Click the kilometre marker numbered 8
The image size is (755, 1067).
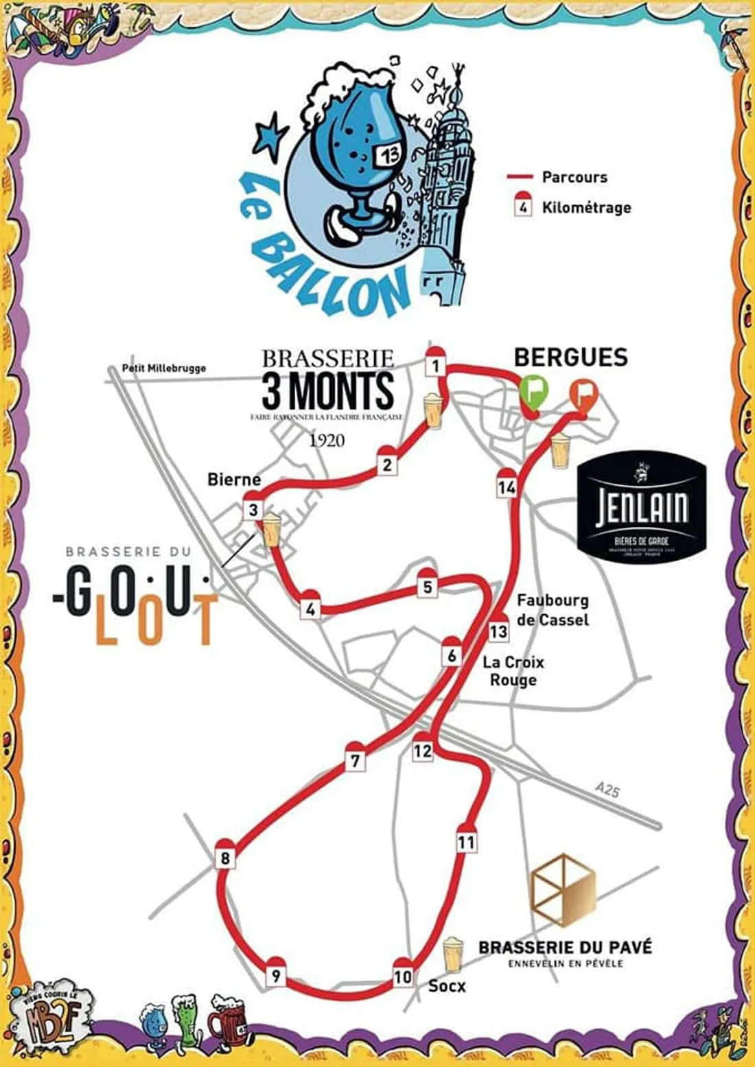[x=224, y=856]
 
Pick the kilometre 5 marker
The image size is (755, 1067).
[x=428, y=586]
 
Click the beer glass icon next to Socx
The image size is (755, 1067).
[x=452, y=956]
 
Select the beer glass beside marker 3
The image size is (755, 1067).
[x=270, y=529]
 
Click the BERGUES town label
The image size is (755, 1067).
[x=570, y=357]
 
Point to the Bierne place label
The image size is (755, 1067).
[x=234, y=479]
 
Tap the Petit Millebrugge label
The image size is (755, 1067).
[x=163, y=368]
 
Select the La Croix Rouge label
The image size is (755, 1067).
[x=513, y=671]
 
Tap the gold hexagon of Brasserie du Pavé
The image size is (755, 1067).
[x=564, y=890]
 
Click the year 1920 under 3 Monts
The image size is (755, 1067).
[x=327, y=440]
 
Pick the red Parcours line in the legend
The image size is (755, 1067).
[x=520, y=177]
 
